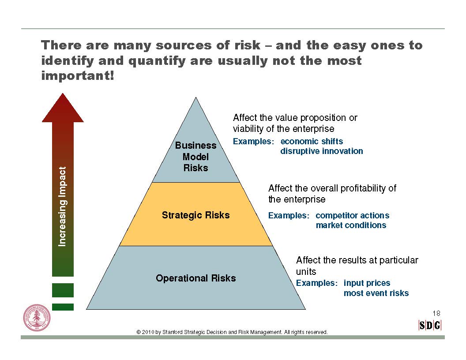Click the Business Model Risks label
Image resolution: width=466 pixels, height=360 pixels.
[195, 157]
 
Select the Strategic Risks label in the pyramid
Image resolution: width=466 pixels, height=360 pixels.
[195, 215]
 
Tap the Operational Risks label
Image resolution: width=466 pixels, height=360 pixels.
[196, 278]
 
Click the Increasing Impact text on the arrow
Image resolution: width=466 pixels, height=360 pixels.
[62, 206]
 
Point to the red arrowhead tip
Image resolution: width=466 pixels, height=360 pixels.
[63, 94]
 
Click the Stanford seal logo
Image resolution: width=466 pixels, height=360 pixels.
[37, 318]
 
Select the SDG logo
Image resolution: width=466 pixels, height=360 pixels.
[430, 326]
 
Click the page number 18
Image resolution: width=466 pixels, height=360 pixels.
[436, 313]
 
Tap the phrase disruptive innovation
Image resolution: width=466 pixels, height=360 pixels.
[322, 151]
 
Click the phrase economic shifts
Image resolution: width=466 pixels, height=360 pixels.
[312, 141]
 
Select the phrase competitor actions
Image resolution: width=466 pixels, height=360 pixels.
[353, 215]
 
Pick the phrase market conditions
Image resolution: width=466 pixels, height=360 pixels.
[351, 225]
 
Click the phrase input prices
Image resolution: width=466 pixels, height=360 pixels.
[367, 283]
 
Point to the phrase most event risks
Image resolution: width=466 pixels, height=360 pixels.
[376, 293]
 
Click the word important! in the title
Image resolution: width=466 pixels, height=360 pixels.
[78, 75]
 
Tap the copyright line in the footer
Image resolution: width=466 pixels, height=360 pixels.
[232, 332]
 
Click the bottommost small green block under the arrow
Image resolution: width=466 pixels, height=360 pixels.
[63, 307]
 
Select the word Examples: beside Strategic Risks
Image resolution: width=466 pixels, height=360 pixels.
[289, 215]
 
